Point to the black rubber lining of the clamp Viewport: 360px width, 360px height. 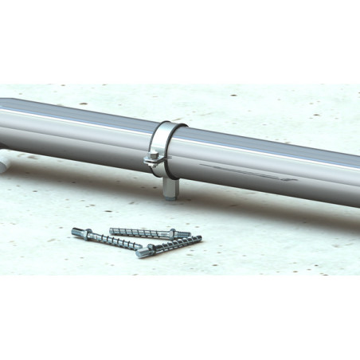(167, 128)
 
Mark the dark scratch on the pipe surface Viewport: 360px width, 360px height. (239, 168)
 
